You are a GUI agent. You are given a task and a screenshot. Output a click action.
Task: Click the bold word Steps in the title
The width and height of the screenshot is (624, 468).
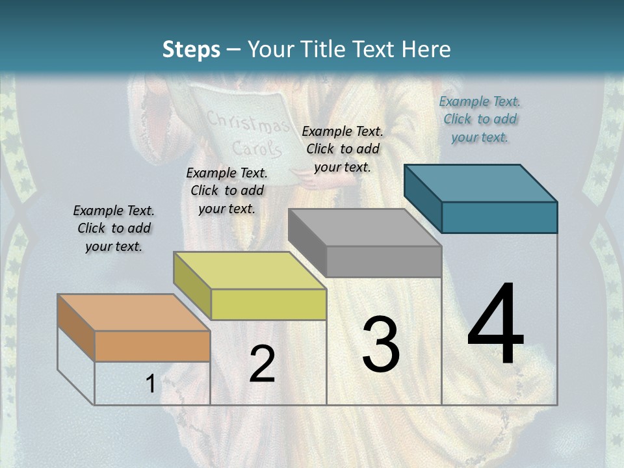coord(191,49)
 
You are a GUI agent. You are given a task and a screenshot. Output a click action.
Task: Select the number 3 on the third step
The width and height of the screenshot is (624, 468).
coord(380,344)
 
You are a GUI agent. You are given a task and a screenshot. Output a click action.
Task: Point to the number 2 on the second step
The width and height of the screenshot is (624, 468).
coord(262,364)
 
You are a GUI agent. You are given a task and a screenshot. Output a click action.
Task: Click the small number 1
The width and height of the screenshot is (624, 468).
coord(150,384)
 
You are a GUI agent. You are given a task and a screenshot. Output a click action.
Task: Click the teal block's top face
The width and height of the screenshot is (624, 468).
coord(480,183)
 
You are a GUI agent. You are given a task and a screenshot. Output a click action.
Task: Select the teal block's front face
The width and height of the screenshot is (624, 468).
coord(499,217)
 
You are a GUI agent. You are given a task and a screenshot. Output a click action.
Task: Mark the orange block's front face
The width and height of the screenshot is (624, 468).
coord(152,346)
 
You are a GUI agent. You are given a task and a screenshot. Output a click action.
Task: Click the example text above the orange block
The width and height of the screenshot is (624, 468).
coord(114,228)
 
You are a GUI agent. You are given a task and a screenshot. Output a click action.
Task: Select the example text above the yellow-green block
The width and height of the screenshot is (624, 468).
coord(227,190)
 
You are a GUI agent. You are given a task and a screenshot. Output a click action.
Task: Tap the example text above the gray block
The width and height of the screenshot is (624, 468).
coord(343,149)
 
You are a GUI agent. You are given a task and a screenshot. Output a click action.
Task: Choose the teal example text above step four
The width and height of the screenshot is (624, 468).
coord(480,119)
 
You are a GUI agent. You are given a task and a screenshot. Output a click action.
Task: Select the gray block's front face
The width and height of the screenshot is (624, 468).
coord(383,261)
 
